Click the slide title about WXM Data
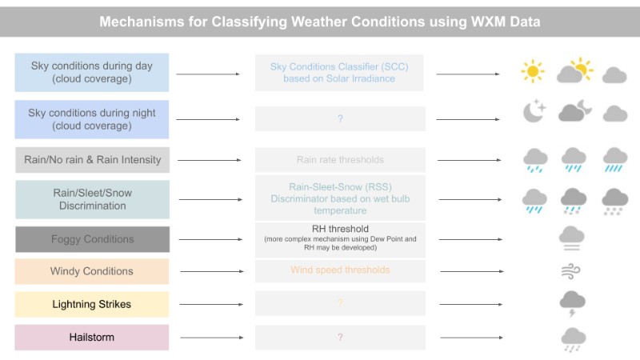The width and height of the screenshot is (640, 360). coord(319,22)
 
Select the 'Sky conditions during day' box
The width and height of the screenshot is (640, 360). coord(91,72)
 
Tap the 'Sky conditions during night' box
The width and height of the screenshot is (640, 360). coord(91,119)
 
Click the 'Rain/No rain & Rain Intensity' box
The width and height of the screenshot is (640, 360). coord(92,160)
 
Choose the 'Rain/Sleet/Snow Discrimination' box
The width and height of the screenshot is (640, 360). coord(92,199)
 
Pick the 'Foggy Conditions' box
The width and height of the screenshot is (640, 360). coord(92,239)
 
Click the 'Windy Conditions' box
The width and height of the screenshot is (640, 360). coord(92,271)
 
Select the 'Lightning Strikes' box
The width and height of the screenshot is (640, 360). coord(92,304)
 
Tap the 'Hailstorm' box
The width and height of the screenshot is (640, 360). coord(92,337)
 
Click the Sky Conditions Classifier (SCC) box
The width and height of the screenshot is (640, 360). coord(340,72)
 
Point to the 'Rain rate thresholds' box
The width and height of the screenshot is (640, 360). coord(340,160)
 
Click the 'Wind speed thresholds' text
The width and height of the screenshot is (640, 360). coord(340,270)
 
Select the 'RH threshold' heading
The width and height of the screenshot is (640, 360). coord(340,229)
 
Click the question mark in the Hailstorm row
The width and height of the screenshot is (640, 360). coord(340,338)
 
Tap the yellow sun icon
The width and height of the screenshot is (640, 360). coord(532,71)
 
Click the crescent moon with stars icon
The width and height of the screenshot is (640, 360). coord(534,112)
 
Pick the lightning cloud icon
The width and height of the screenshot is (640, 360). coord(572,302)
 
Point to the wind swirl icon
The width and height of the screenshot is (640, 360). coord(571,271)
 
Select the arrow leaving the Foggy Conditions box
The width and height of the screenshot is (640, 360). coord(208,239)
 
